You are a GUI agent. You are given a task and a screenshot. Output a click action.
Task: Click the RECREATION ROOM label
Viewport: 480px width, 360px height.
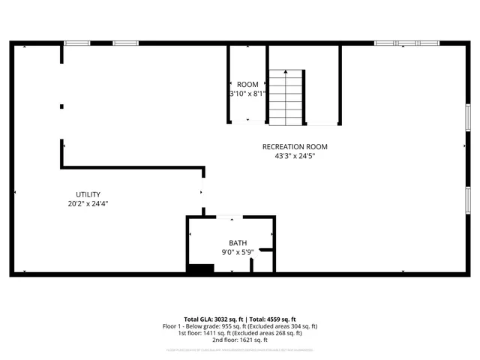pyautogui.click(x=295, y=146)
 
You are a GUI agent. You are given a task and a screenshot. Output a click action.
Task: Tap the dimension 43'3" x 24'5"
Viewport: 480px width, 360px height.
pyautogui.click(x=295, y=156)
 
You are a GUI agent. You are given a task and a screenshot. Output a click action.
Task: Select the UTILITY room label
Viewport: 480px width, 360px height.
pyautogui.click(x=88, y=194)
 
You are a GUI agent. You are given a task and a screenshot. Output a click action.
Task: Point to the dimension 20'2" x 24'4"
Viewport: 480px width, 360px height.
pyautogui.click(x=88, y=203)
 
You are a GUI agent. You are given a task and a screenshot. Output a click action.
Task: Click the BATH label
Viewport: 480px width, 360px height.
pyautogui.click(x=238, y=243)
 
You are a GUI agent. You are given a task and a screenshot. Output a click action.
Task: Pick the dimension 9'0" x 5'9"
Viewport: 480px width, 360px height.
pyautogui.click(x=238, y=252)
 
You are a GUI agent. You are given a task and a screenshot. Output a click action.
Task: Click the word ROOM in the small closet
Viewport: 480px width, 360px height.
pyautogui.click(x=247, y=84)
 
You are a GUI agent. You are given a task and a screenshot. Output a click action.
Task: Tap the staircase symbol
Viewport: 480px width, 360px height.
pyautogui.click(x=287, y=97)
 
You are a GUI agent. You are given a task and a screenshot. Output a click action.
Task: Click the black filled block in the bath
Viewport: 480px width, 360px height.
pyautogui.click(x=199, y=269)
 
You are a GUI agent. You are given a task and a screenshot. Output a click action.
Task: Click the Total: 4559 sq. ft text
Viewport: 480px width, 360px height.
pyautogui.click(x=268, y=319)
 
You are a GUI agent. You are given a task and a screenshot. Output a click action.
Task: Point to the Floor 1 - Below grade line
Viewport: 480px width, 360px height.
pyautogui.click(x=240, y=326)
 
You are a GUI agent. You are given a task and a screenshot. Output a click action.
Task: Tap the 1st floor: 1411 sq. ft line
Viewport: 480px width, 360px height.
pyautogui.click(x=240, y=333)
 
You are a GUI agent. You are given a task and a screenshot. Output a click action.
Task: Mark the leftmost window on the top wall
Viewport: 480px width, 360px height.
pyautogui.click(x=76, y=43)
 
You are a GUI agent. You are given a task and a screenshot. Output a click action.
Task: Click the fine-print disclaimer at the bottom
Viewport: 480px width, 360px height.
pyautogui.click(x=240, y=349)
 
